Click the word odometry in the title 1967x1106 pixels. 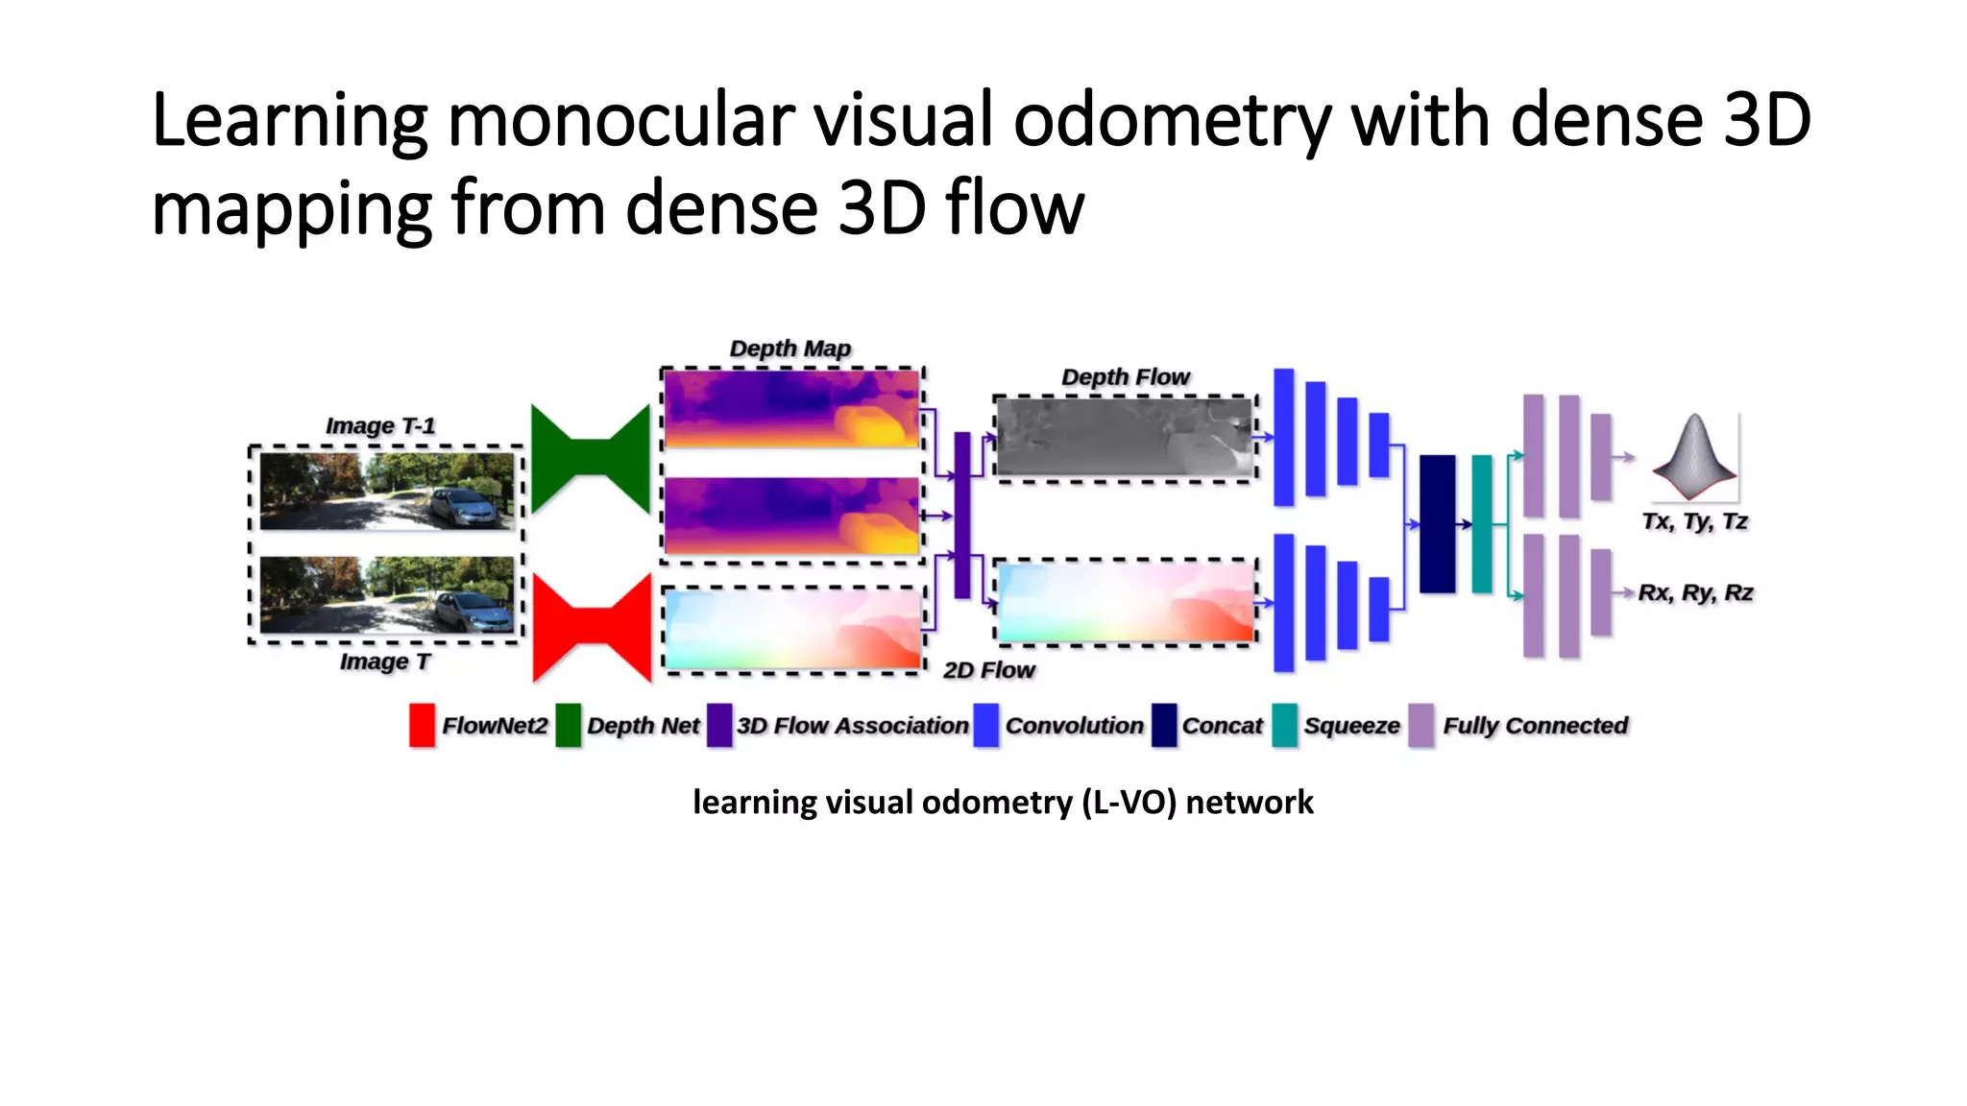[1172, 121]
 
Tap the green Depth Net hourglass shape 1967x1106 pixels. [591, 458]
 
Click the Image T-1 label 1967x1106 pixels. [380, 425]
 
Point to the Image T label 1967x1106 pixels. [384, 661]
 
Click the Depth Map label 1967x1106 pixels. [789, 349]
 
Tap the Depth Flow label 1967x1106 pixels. [1125, 377]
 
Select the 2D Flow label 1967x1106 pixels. [988, 670]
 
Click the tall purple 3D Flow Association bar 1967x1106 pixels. [961, 515]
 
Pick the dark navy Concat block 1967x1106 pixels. [1437, 523]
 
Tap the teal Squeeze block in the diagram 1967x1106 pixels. [1482, 523]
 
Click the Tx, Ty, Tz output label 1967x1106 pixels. [1694, 521]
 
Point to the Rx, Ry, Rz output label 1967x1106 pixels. [1695, 592]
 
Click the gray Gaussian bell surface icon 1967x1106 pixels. [1694, 458]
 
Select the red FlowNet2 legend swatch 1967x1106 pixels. [422, 725]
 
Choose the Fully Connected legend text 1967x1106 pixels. [1535, 726]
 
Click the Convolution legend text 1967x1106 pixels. [1074, 726]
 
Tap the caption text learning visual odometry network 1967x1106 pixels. [1002, 802]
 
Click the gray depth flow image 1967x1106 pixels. [1125, 438]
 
